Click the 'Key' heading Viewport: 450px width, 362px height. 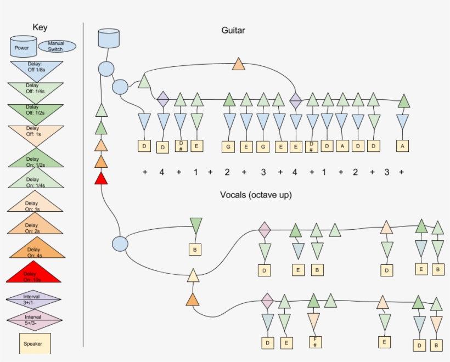click(x=40, y=27)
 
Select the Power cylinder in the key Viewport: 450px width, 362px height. click(x=22, y=47)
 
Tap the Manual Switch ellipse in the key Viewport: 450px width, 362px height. click(x=55, y=46)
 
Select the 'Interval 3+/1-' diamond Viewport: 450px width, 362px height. click(x=33, y=299)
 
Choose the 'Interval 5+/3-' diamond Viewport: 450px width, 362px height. click(x=33, y=320)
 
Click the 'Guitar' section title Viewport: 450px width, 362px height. click(x=233, y=31)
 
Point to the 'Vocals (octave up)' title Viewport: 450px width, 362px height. click(x=256, y=195)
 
